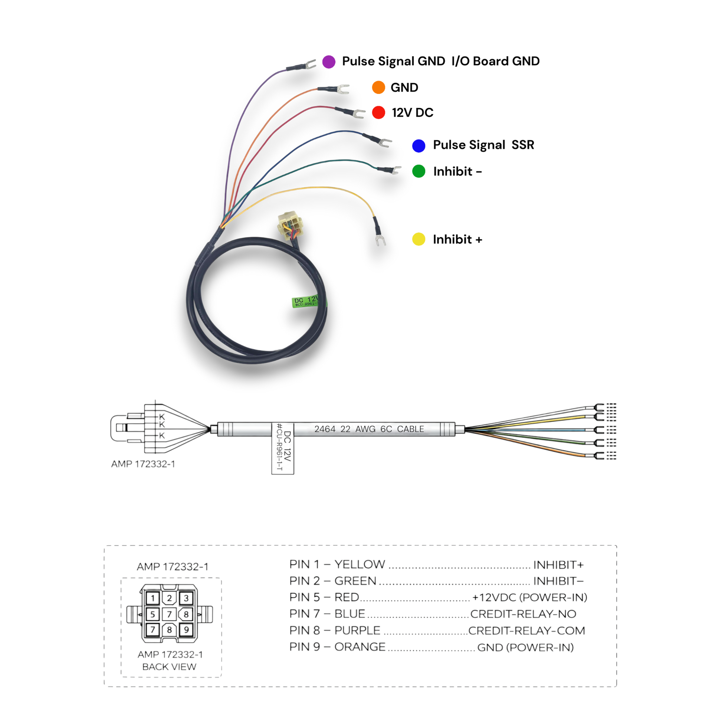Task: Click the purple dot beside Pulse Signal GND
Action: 328,62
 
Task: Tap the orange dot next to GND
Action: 378,88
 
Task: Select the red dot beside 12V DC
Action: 378,112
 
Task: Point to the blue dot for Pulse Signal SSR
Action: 419,145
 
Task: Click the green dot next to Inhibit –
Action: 419,171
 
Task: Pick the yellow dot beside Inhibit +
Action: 419,239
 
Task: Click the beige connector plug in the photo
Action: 290,225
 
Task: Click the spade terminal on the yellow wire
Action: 380,240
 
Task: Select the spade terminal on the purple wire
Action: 309,65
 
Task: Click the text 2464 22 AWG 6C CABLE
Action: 369,429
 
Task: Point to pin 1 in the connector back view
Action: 152,598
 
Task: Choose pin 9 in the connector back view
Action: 186,630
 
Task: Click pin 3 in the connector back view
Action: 186,598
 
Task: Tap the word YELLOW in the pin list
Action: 360,564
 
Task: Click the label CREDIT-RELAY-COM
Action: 526,631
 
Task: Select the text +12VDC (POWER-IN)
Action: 529,598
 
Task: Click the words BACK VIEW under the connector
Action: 169,667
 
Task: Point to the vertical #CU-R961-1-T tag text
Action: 279,447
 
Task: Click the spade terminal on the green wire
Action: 394,171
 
